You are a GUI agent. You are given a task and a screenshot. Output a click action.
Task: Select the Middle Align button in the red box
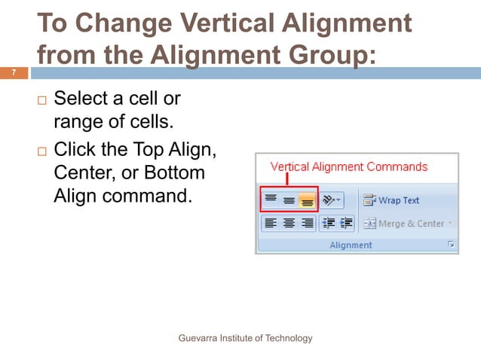click(289, 200)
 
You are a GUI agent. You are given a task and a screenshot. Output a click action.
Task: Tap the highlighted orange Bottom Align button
click(307, 200)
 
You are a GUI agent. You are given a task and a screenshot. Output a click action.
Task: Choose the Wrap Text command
click(391, 200)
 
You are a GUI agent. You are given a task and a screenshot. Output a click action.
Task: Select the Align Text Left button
click(271, 223)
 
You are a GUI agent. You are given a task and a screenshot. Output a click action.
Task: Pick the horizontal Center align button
click(289, 223)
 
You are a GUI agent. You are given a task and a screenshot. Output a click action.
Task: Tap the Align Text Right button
click(307, 223)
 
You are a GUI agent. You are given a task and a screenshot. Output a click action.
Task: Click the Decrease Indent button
click(329, 223)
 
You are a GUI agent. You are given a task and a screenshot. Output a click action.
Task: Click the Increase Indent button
click(346, 223)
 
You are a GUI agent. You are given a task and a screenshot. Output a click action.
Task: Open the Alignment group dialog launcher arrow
click(452, 245)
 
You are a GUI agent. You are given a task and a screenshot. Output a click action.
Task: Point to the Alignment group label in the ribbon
click(351, 245)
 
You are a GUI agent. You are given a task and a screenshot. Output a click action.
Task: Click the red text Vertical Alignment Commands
click(349, 166)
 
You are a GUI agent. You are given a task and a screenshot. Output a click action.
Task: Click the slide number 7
click(13, 73)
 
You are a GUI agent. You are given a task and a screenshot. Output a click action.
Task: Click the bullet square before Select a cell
click(41, 99)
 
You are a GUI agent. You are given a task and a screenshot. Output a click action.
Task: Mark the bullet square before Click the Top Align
click(41, 152)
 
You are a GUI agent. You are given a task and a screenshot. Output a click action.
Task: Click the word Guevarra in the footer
click(198, 338)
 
